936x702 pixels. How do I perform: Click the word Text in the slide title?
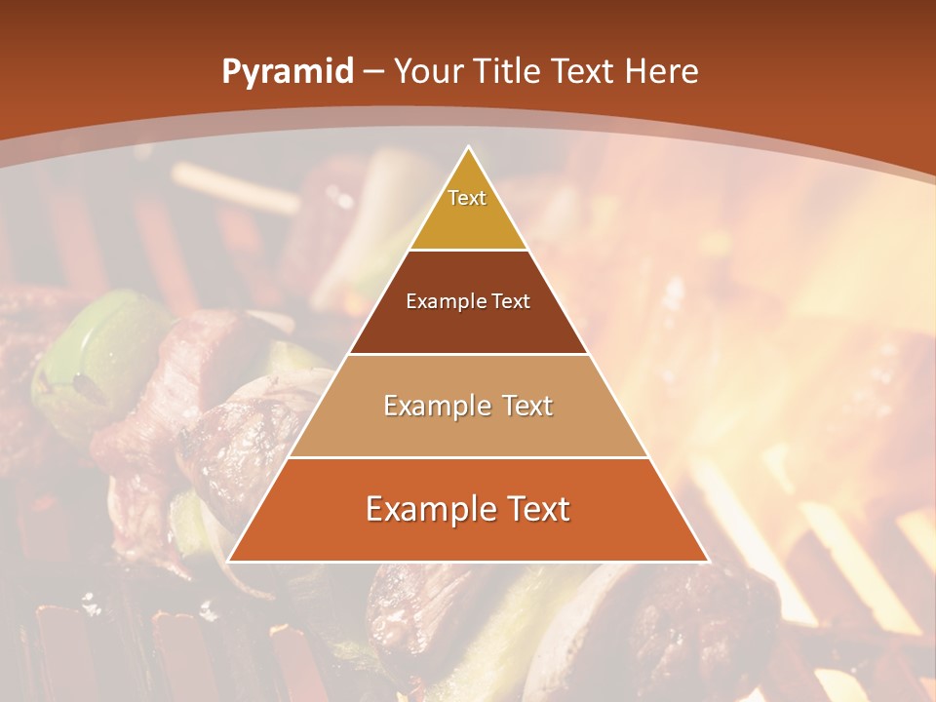[585, 72]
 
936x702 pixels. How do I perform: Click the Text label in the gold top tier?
[467, 198]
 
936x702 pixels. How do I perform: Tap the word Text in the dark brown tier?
[512, 301]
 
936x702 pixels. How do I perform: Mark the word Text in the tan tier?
[524, 406]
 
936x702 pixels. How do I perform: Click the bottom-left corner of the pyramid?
[228, 562]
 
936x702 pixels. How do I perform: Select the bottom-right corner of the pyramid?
[709, 562]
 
